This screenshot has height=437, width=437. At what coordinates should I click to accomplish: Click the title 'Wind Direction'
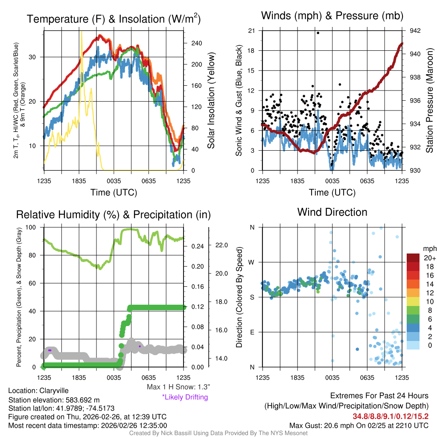[x=332, y=212]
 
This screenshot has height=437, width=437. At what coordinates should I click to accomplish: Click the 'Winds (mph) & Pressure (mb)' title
[x=332, y=16]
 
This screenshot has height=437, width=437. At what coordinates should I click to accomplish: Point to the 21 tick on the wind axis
[x=252, y=31]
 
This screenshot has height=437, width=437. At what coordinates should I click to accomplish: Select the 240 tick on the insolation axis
[x=196, y=43]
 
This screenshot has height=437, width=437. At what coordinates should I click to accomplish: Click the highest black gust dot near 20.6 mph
[x=318, y=32]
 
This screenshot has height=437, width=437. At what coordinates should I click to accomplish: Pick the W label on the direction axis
[x=252, y=262]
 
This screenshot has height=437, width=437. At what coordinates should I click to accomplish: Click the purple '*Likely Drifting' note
[x=185, y=397]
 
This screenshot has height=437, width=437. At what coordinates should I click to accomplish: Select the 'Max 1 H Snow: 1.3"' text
[x=178, y=387]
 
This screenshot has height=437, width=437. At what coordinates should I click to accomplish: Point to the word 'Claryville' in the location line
[x=54, y=390]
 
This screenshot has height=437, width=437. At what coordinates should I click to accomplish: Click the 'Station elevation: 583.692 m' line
[x=54, y=400]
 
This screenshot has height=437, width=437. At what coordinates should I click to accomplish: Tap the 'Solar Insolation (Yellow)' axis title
[x=211, y=101]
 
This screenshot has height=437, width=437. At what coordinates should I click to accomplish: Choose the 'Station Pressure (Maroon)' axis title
[x=429, y=101]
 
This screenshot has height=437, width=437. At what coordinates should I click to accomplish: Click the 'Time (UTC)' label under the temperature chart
[x=114, y=192]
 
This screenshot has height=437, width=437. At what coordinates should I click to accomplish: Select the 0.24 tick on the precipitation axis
[x=198, y=246]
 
